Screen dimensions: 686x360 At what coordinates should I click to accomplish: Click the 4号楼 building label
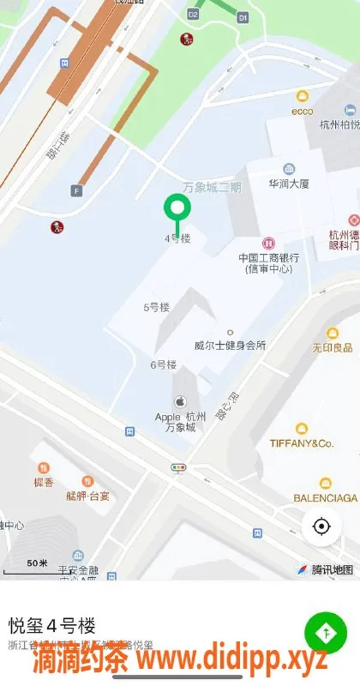tap(177, 238)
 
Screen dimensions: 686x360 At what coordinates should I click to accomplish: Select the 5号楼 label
tap(156, 307)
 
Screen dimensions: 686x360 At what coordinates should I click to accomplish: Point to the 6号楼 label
tap(163, 364)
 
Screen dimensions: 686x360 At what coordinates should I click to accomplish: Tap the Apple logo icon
tap(180, 400)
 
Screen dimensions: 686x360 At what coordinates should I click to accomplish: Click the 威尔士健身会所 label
tap(231, 346)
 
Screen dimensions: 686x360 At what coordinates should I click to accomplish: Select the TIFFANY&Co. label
tap(301, 443)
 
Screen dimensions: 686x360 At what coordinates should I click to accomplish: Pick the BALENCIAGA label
tap(325, 497)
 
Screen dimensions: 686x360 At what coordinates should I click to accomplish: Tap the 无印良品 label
tap(333, 347)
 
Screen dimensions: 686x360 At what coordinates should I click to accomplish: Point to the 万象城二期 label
tap(213, 188)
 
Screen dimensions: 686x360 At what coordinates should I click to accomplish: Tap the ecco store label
tap(302, 111)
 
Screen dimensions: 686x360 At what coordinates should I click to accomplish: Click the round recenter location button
tap(321, 526)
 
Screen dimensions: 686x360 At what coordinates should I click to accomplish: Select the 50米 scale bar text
tap(37, 563)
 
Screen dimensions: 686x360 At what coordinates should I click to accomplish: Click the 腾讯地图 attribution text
tap(332, 569)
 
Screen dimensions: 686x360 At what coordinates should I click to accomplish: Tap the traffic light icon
tap(179, 468)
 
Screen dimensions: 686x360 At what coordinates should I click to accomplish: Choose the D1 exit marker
tap(243, 16)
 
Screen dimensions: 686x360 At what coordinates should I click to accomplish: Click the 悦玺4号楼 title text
tap(51, 625)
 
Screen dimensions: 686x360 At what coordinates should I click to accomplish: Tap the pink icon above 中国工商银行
tap(267, 244)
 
